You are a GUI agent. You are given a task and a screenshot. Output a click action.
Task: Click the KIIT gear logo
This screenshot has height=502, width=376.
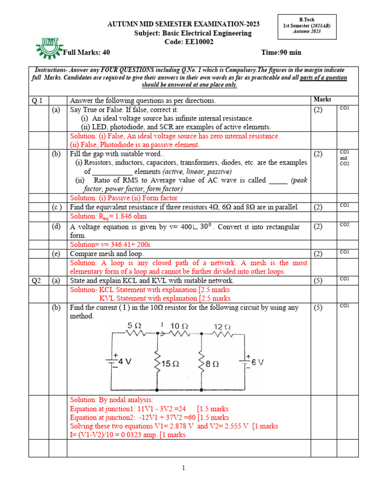(x=49, y=47)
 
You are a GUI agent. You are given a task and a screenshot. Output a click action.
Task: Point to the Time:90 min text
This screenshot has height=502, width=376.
(x=282, y=52)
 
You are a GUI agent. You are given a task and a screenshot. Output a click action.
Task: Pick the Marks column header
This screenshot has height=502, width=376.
(x=322, y=100)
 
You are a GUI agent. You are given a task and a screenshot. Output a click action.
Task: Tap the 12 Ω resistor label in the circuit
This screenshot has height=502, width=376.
(x=222, y=326)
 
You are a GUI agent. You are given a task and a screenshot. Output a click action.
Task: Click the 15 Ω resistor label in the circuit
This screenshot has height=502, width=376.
(x=171, y=364)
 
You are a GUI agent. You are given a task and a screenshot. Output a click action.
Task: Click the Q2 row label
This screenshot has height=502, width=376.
(x=36, y=280)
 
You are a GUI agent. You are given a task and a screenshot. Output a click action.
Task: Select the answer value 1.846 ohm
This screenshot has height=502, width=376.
(x=128, y=216)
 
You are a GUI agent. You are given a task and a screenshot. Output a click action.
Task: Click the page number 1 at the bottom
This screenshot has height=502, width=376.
(x=184, y=468)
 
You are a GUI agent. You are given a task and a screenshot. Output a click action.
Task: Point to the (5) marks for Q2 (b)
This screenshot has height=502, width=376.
(x=319, y=308)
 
